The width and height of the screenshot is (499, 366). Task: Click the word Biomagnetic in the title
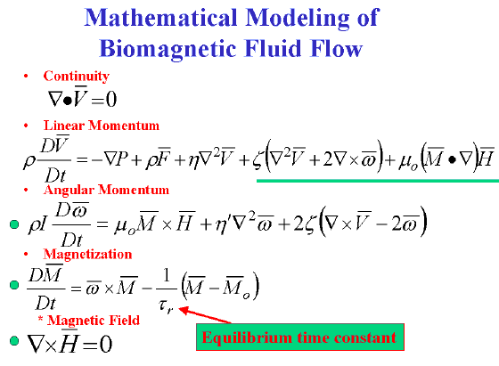point(168,50)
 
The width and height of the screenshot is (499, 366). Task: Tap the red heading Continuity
point(77,76)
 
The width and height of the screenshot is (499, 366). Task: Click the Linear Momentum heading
point(102,126)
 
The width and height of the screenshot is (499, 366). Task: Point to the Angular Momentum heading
point(106,190)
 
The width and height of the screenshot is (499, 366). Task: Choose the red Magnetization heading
point(87,254)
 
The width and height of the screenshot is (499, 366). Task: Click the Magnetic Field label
point(93,320)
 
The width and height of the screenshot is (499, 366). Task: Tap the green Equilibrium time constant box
point(300,338)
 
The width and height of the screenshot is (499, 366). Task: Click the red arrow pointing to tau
point(205,315)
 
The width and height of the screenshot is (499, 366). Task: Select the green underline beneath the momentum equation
point(378,181)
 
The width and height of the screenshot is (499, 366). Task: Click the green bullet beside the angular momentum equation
point(14,224)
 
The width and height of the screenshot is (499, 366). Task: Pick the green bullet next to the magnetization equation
point(14,285)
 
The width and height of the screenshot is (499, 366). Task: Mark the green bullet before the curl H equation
point(14,340)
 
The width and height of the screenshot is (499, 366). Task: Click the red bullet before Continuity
point(26,76)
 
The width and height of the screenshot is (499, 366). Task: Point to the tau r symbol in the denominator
point(166,306)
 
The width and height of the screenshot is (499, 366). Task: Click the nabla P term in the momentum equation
point(116,159)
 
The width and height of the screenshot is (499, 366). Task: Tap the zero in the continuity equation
point(111,99)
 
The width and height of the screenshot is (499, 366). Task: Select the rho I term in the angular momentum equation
point(37,224)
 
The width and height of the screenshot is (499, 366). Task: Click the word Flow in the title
point(337,49)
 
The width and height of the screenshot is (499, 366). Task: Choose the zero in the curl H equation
point(106,344)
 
